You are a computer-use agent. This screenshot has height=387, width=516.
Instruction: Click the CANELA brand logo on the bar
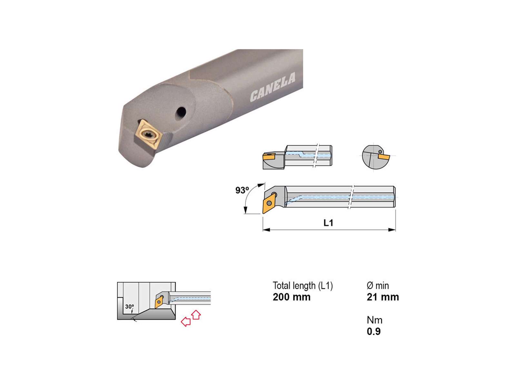point(273,87)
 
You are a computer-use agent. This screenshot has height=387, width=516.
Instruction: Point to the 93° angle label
point(242,190)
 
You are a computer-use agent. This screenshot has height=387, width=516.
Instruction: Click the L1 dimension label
point(328,223)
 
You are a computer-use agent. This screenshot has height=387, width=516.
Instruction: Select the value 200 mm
point(292,297)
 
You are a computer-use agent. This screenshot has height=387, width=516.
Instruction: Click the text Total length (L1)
point(303,286)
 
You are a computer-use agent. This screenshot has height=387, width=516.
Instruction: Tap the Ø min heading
point(378,286)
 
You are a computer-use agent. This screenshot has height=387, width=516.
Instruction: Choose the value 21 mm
point(383,297)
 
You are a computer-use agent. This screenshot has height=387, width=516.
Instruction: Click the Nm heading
point(374,320)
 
